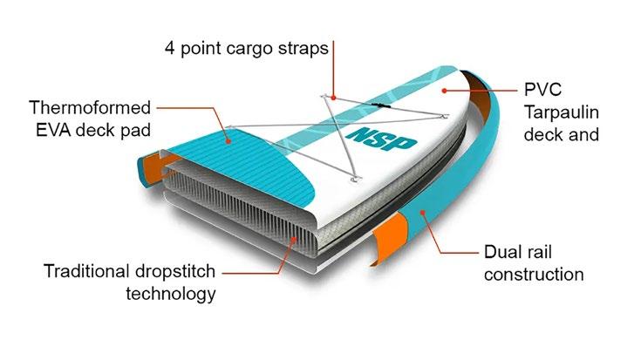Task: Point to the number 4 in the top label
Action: [x=169, y=47]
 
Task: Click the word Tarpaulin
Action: [x=568, y=112]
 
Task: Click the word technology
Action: [x=169, y=294]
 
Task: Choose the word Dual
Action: [x=502, y=252]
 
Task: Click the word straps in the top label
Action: [x=302, y=47]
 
